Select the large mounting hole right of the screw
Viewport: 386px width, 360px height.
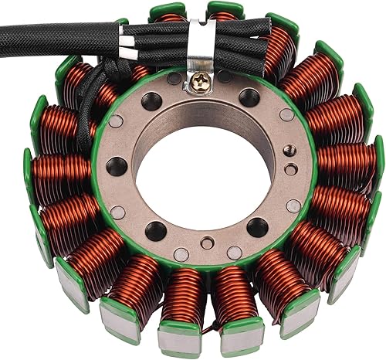249,97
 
